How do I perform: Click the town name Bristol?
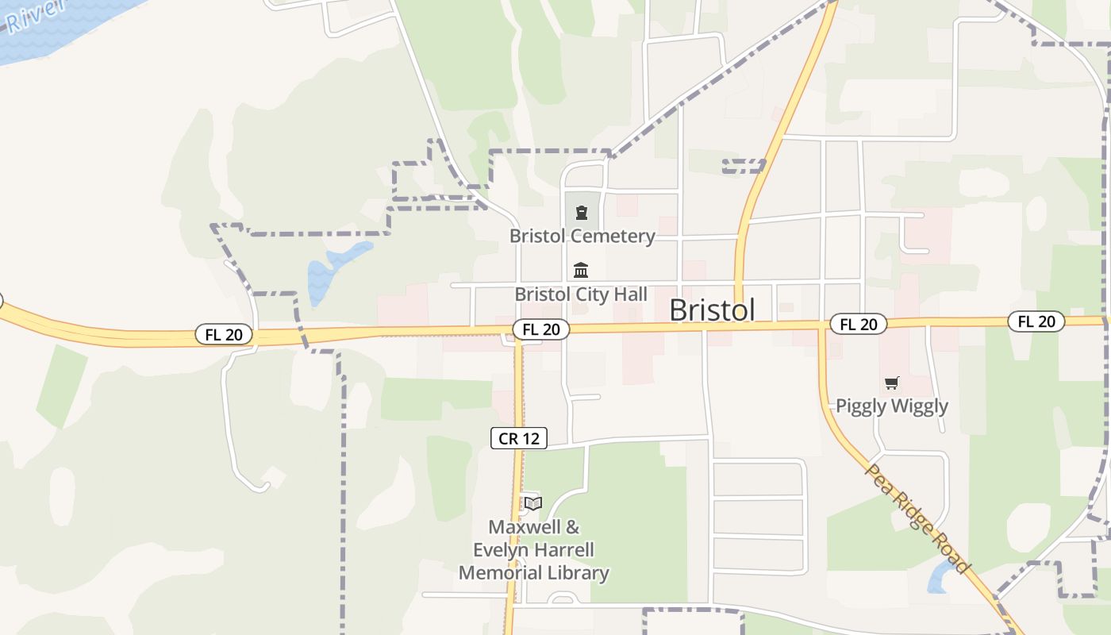[x=712, y=310]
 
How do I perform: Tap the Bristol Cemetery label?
[x=582, y=236]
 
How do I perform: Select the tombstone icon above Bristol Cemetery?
[x=582, y=213]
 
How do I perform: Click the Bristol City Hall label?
[x=581, y=294]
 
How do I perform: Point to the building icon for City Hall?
[x=581, y=270]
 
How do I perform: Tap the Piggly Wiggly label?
[x=891, y=406]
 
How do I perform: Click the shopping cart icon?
[x=891, y=383]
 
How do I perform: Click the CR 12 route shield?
[x=518, y=437]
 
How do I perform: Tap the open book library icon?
[x=532, y=503]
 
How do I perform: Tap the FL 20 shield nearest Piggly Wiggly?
[x=858, y=324]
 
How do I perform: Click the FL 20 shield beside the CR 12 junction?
[x=540, y=329]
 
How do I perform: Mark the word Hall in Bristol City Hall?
[x=630, y=294]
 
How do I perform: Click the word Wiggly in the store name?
[x=918, y=406]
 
